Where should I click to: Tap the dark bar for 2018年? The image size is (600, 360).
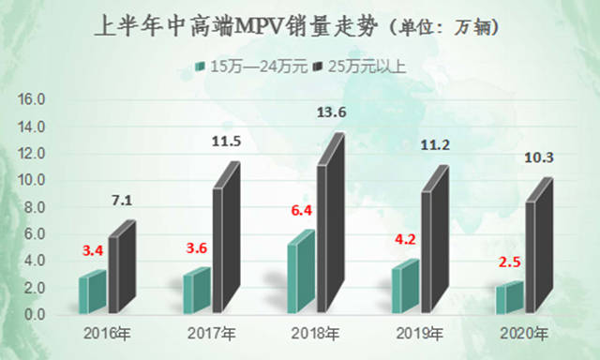[x=329, y=230]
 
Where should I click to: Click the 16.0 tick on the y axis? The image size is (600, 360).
[x=33, y=98]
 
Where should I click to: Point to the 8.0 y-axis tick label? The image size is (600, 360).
[x=33, y=207]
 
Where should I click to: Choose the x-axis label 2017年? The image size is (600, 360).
[x=212, y=333]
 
